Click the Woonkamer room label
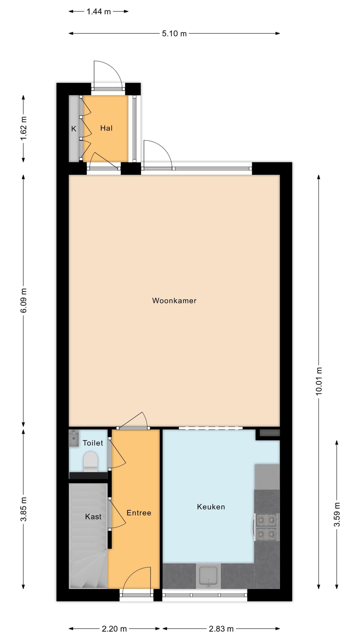[174, 300]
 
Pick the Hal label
[106, 128]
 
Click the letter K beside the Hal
[73, 129]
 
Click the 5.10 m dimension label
[174, 33]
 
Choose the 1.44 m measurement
[99, 11]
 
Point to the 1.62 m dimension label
[23, 128]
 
